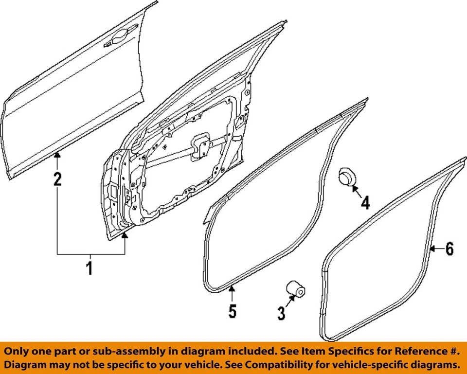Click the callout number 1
pos(89,267)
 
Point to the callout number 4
pos(365,202)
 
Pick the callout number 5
pos(233,311)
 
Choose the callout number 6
pos(449,249)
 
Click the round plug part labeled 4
pos(347,176)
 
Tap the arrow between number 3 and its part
pos(288,303)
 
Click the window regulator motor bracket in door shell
pos(199,146)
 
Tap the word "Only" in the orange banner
pos(18,351)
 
